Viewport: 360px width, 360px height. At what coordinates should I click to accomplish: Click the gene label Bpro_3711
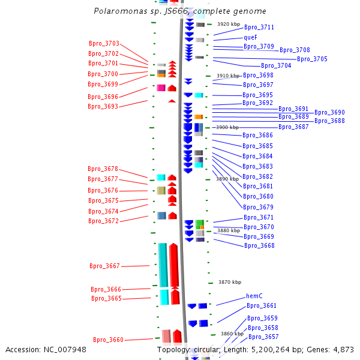click(x=259, y=28)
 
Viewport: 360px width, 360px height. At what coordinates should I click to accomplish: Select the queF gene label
click(x=250, y=37)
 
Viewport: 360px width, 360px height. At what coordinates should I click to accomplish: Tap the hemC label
click(x=254, y=296)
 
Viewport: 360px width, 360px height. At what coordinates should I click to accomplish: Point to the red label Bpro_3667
click(x=104, y=266)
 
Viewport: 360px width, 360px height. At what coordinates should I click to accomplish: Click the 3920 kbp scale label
click(x=229, y=24)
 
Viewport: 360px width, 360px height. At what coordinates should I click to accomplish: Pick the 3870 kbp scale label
click(x=230, y=282)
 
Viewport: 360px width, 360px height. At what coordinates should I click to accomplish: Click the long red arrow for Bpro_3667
click(x=174, y=265)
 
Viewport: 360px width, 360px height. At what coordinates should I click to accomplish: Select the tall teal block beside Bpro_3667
click(x=163, y=265)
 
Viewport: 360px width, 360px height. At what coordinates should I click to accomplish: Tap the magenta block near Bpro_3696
click(x=161, y=88)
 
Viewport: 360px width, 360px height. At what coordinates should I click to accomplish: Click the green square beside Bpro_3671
click(x=200, y=223)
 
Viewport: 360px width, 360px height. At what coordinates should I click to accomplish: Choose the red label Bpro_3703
click(x=104, y=43)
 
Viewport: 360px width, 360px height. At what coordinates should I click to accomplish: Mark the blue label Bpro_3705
click(x=312, y=59)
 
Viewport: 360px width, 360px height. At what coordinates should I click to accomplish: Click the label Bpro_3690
click(x=329, y=113)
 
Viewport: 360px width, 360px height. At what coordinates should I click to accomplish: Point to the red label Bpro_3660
click(x=108, y=340)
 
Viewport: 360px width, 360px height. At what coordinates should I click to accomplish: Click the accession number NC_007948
click(x=65, y=350)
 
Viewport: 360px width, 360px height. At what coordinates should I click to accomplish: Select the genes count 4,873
click(x=343, y=350)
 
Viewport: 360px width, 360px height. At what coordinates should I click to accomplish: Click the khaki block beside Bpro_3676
click(x=161, y=191)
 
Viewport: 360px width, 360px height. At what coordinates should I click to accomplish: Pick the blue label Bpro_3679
click(x=258, y=207)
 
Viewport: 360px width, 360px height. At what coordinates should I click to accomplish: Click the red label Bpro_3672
click(x=103, y=221)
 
